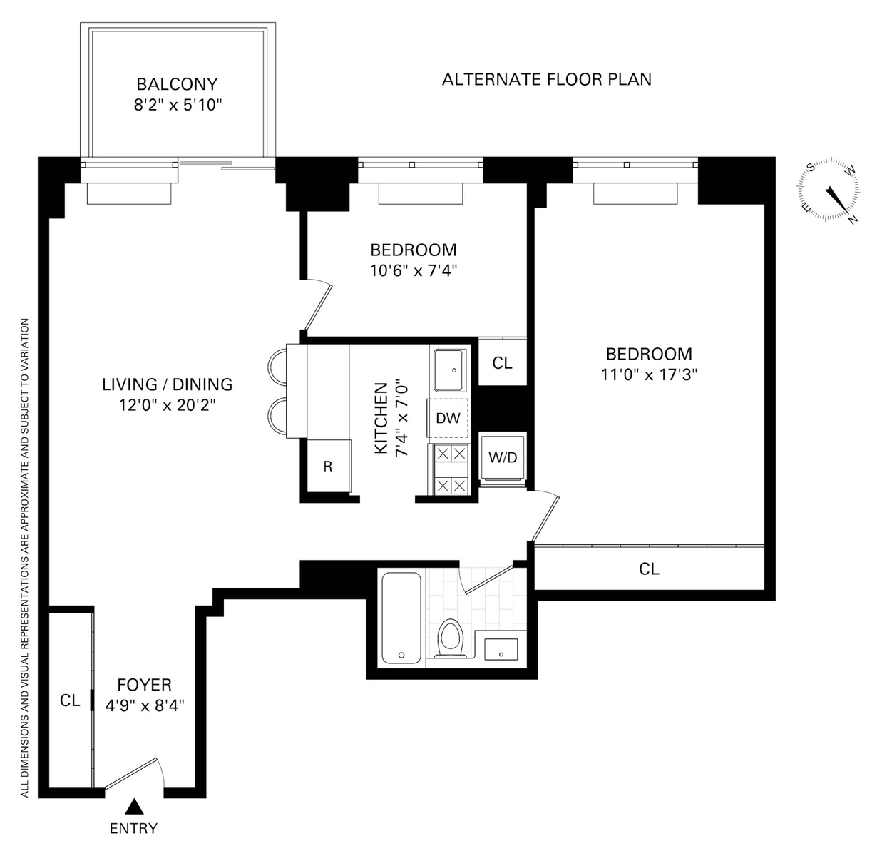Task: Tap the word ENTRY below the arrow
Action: [133, 828]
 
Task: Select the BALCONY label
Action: [178, 84]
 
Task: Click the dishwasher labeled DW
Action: [448, 418]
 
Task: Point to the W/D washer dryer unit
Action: [503, 457]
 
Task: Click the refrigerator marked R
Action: [329, 466]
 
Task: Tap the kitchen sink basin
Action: [448, 370]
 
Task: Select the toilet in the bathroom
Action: [450, 639]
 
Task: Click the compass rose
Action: [829, 189]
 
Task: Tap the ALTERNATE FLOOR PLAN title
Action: [547, 79]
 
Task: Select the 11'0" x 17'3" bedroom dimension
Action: [649, 375]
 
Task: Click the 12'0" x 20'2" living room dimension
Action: [168, 405]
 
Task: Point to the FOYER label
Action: [145, 684]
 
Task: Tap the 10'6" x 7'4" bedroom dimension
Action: [414, 270]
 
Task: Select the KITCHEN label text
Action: [381, 418]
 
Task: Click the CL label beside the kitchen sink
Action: [502, 362]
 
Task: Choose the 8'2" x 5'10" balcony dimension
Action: [178, 105]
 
